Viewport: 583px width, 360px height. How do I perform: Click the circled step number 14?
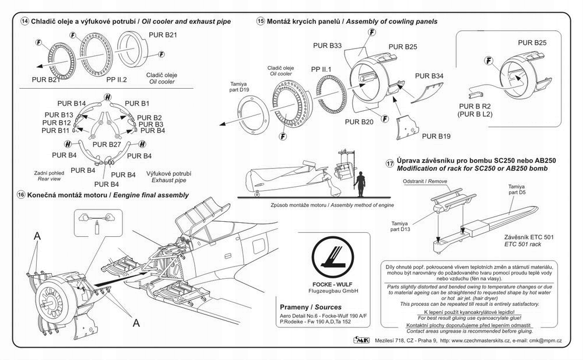(x=24, y=21)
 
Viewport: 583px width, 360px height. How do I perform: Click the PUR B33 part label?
(x=328, y=44)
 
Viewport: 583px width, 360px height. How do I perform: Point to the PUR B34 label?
(x=429, y=76)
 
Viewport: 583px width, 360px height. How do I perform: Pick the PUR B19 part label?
(x=437, y=137)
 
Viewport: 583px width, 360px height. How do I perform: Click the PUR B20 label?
(x=359, y=122)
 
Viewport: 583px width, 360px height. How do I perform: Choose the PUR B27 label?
(x=107, y=144)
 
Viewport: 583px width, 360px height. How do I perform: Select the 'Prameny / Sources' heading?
(x=311, y=307)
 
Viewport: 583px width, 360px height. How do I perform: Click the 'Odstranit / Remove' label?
(x=425, y=181)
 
